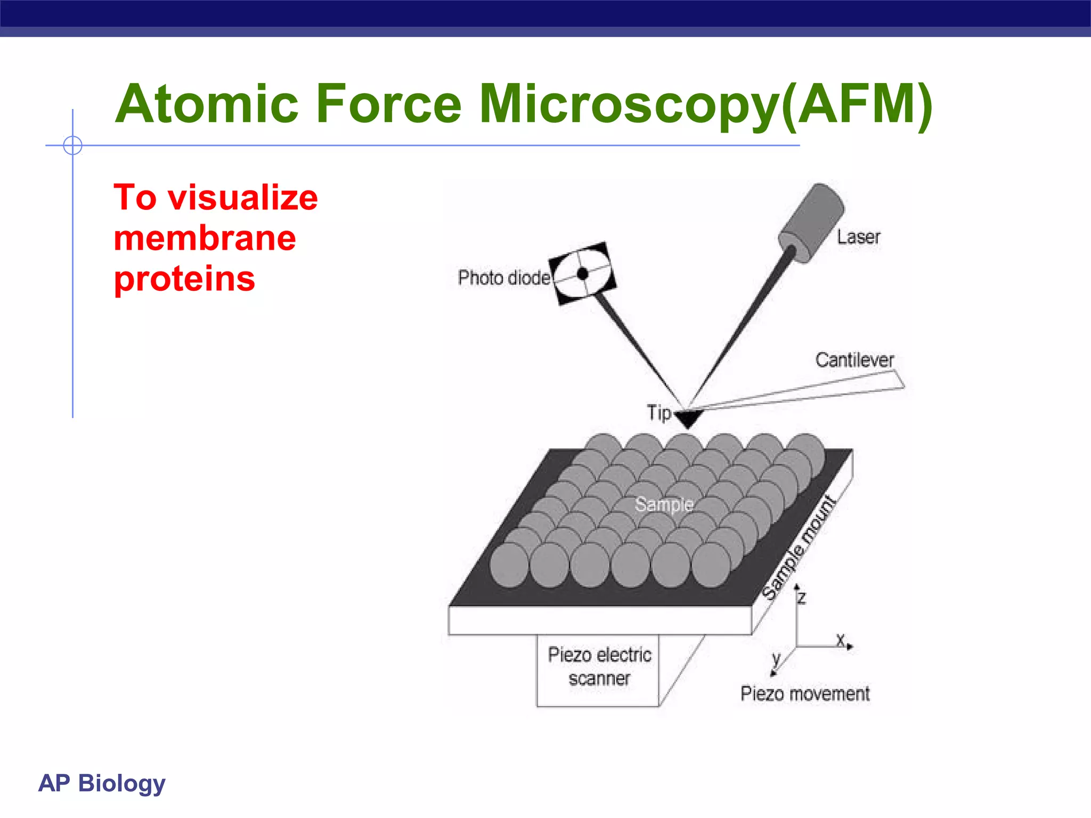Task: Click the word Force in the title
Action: (x=388, y=104)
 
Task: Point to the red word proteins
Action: (x=184, y=279)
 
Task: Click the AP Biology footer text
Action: (x=102, y=783)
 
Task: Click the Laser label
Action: (x=858, y=237)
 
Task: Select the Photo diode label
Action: (x=503, y=278)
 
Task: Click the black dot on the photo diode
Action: (x=583, y=274)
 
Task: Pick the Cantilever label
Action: (x=854, y=360)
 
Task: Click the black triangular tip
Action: (x=688, y=418)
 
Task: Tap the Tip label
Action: (x=659, y=413)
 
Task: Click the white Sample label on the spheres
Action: (x=664, y=504)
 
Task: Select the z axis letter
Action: (x=802, y=599)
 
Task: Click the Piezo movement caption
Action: (x=805, y=694)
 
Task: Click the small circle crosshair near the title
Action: (x=72, y=145)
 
